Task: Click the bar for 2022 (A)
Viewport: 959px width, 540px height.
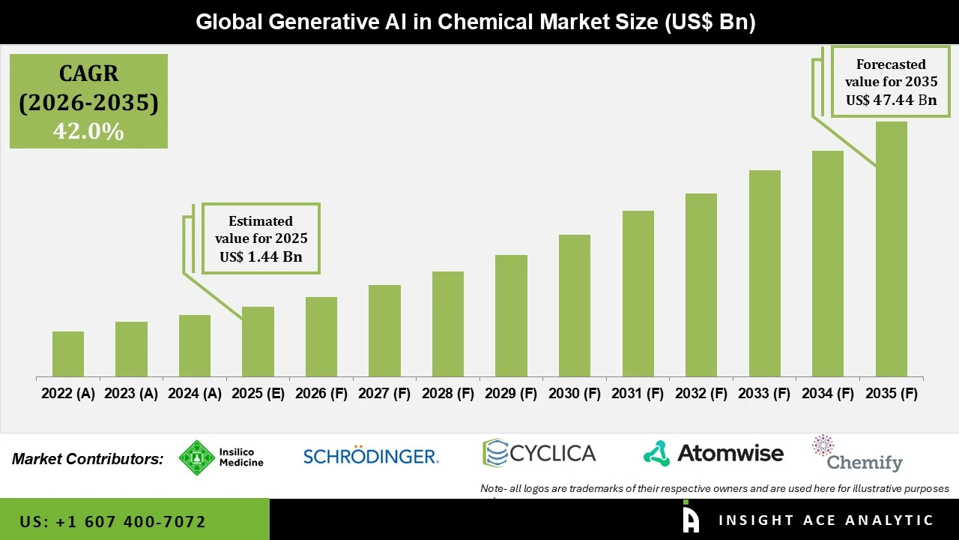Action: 68,354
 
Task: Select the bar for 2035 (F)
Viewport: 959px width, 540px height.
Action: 891,249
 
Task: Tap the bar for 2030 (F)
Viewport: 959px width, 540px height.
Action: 575,306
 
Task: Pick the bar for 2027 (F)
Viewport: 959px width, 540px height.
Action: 384,331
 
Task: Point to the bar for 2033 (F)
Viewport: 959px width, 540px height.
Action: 764,274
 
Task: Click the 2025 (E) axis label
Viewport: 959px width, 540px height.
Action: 258,394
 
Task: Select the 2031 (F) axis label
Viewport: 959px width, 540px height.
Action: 638,394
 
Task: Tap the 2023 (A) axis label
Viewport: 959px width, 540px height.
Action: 131,394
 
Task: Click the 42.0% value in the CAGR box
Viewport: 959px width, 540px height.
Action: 88,131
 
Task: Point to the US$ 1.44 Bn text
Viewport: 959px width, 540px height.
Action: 261,256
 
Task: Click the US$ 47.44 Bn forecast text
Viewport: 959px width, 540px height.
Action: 891,100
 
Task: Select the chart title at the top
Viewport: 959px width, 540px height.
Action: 476,22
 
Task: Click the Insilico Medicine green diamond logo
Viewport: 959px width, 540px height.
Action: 197,457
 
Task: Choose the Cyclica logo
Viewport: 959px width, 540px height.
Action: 539,453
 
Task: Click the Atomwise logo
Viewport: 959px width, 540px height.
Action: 713,453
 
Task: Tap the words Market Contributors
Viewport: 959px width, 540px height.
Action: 88,459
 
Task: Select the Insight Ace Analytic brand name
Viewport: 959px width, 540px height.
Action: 826,520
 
